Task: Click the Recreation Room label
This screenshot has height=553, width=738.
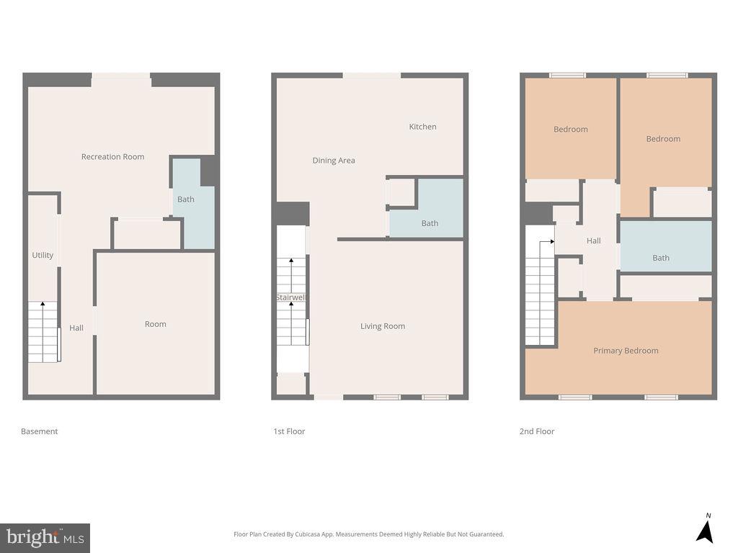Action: pyautogui.click(x=112, y=157)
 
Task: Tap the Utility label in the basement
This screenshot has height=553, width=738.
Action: pyautogui.click(x=43, y=256)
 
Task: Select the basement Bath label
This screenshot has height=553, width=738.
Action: pyautogui.click(x=186, y=199)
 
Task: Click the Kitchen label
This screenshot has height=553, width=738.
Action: pyautogui.click(x=422, y=127)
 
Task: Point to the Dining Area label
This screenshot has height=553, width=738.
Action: pyautogui.click(x=334, y=161)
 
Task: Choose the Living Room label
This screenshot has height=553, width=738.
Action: pyautogui.click(x=383, y=326)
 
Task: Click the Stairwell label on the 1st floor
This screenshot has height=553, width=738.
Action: pyautogui.click(x=291, y=297)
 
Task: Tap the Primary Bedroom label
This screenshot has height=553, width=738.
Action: pyautogui.click(x=626, y=351)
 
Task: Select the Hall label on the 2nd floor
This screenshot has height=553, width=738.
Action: pyautogui.click(x=594, y=241)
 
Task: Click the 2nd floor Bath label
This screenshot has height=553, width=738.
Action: pyautogui.click(x=661, y=258)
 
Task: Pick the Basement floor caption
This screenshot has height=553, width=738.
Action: pyautogui.click(x=40, y=431)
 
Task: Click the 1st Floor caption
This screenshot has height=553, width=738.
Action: pyautogui.click(x=289, y=431)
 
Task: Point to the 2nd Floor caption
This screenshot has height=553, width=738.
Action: pyautogui.click(x=537, y=431)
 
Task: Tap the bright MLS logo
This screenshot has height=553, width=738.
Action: pyautogui.click(x=45, y=537)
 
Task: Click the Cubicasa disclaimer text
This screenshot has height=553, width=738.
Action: pyautogui.click(x=368, y=534)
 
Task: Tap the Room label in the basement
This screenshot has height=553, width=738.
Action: pyautogui.click(x=156, y=324)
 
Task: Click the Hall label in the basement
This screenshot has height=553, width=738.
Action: pyautogui.click(x=76, y=328)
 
